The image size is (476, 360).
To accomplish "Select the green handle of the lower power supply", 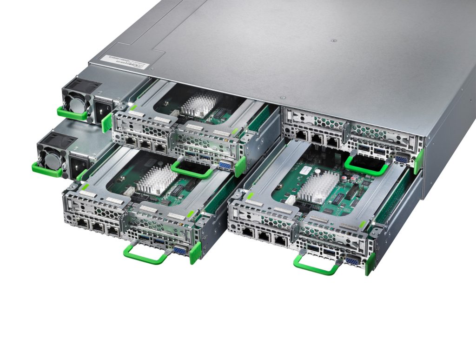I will [x=47, y=169].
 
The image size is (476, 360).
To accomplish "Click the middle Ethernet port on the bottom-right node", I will [x=263, y=236].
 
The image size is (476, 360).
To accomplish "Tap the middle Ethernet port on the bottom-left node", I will [x=96, y=227].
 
